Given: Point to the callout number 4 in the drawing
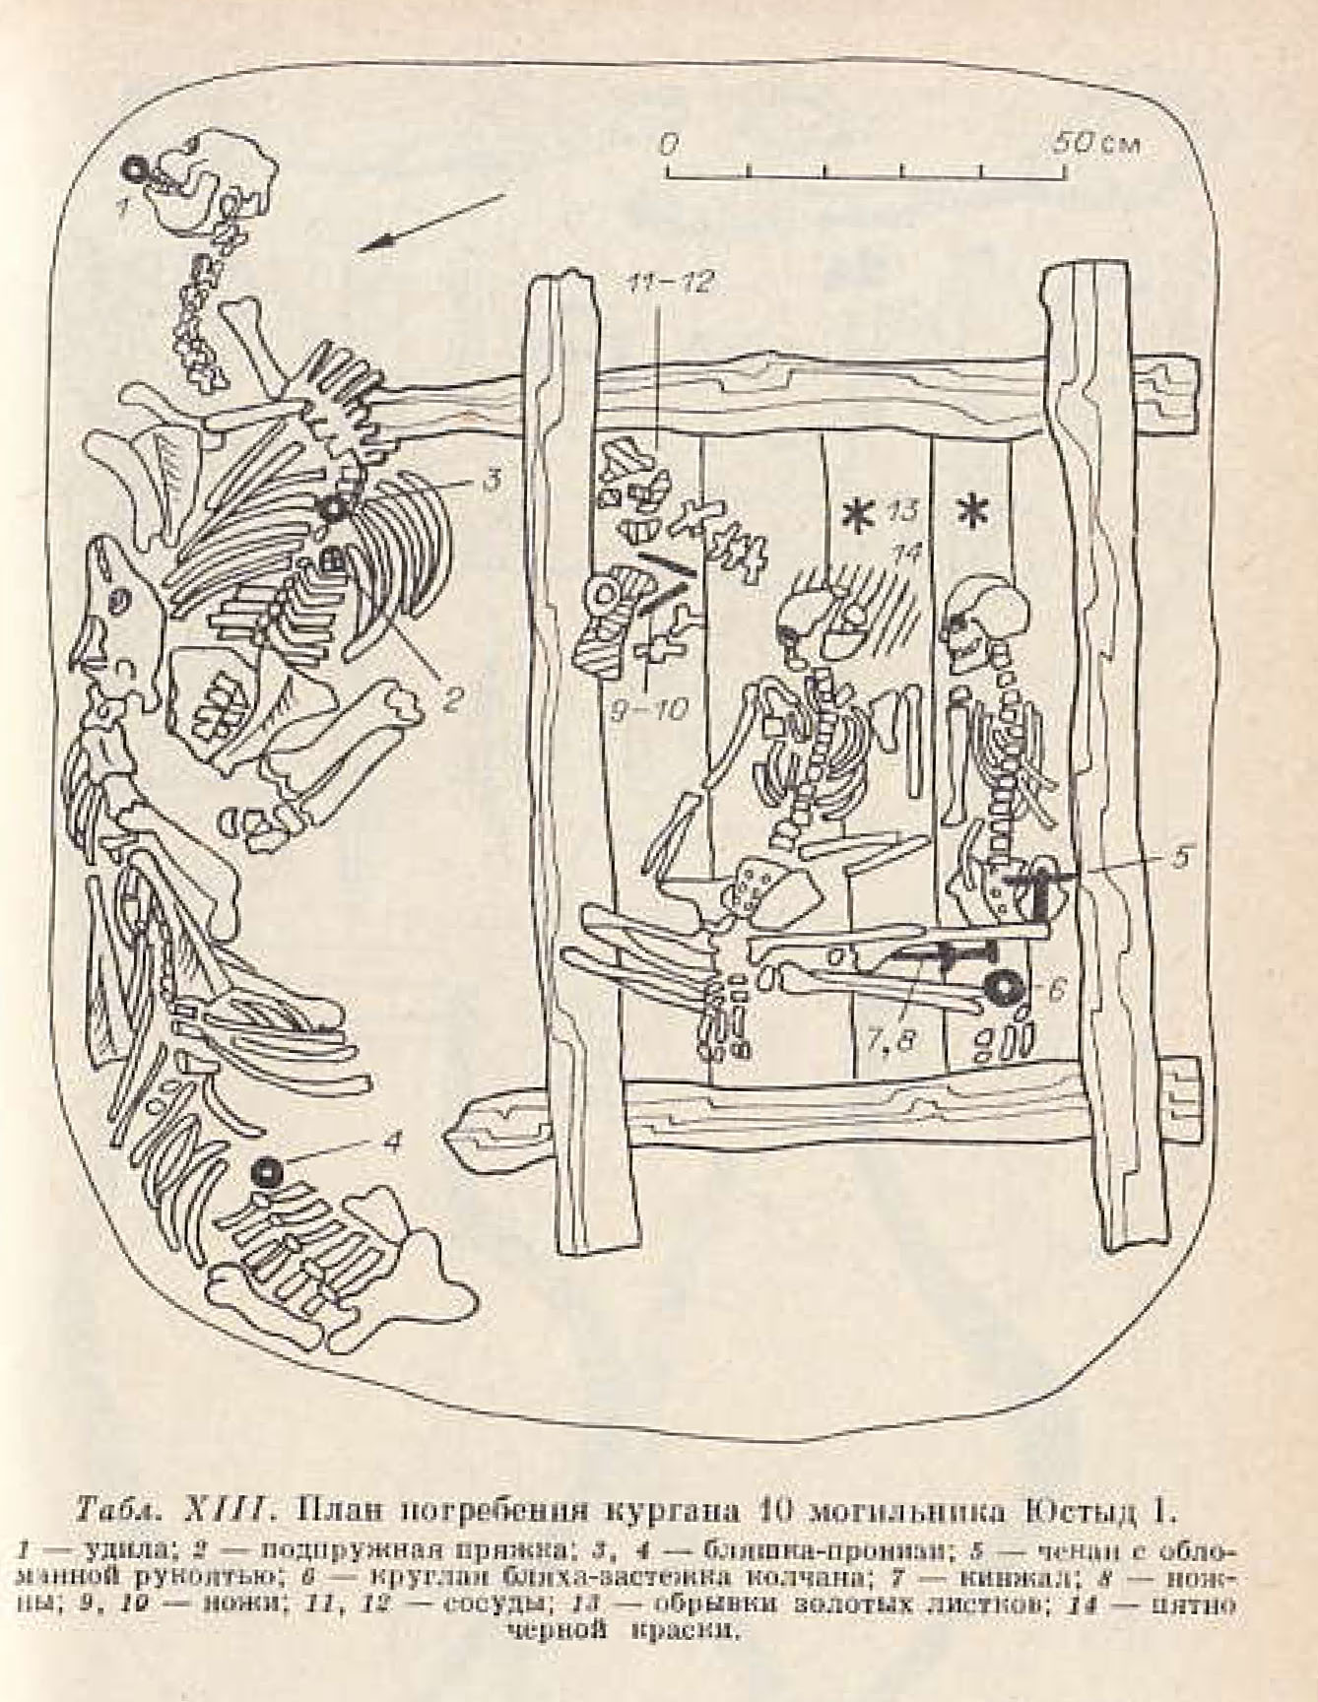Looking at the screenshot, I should click(392, 1142).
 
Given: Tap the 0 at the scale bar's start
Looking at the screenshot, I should click(669, 144).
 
